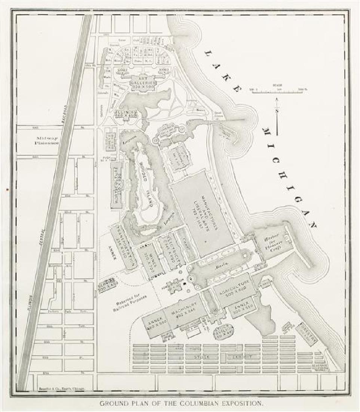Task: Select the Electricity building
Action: [x=168, y=249]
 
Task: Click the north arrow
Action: [x=277, y=116]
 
